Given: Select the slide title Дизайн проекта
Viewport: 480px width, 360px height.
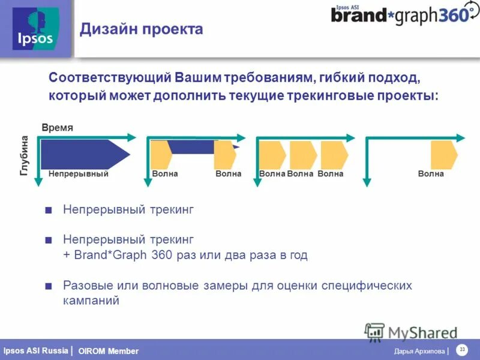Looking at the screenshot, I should (142, 29).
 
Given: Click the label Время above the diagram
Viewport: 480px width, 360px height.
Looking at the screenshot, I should (57, 128).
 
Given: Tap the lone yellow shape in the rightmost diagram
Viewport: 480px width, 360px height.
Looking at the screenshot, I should (444, 154).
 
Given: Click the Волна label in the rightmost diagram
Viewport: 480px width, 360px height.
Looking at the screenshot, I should (431, 174).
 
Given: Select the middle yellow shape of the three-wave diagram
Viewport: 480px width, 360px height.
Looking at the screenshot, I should (302, 154).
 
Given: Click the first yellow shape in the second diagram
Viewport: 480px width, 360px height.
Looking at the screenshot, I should (161, 155).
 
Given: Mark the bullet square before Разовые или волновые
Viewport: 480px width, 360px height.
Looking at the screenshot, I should (49, 285).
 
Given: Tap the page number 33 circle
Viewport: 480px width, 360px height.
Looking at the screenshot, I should (462, 350).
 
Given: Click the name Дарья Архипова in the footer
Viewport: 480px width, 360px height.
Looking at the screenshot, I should (419, 351).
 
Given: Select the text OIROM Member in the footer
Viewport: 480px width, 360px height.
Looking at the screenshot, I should (108, 351).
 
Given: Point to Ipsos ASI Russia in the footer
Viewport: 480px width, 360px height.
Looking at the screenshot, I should (35, 350).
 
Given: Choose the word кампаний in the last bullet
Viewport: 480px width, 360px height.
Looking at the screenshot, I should (91, 301).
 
